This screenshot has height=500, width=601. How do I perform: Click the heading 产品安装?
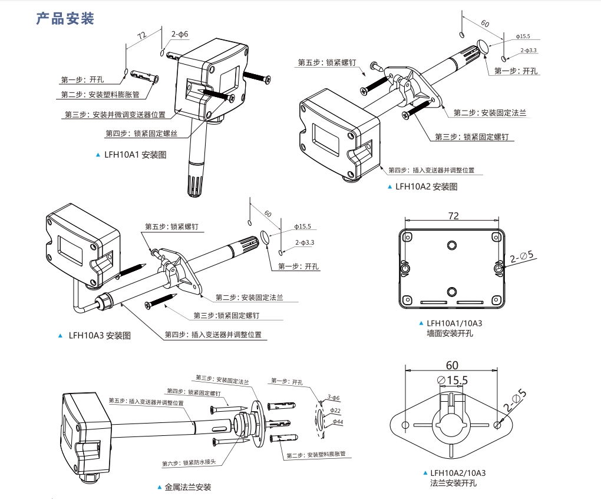[x=65, y=19]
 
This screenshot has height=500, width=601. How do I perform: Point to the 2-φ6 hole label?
[x=180, y=34]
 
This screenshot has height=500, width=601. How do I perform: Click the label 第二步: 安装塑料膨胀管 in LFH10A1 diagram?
[x=100, y=94]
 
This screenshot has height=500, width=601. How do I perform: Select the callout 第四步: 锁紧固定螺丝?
[x=141, y=134]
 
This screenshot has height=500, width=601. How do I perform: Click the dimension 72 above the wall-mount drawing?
[x=453, y=216]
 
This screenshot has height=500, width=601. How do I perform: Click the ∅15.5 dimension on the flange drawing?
[x=453, y=381]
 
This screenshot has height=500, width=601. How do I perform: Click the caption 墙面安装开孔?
[x=450, y=333]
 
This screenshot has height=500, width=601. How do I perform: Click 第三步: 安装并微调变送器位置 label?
[x=115, y=115]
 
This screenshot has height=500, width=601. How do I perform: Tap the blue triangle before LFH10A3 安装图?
[x=60, y=335]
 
